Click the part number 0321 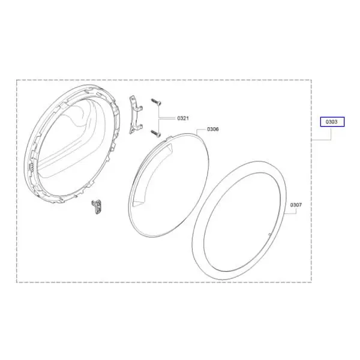click(x=183, y=118)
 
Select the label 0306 click(x=213, y=129)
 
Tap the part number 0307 click(x=296, y=205)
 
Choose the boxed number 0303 click(x=332, y=122)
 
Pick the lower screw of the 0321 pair click(x=155, y=133)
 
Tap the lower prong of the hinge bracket click(x=140, y=126)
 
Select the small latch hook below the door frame click(x=97, y=207)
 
